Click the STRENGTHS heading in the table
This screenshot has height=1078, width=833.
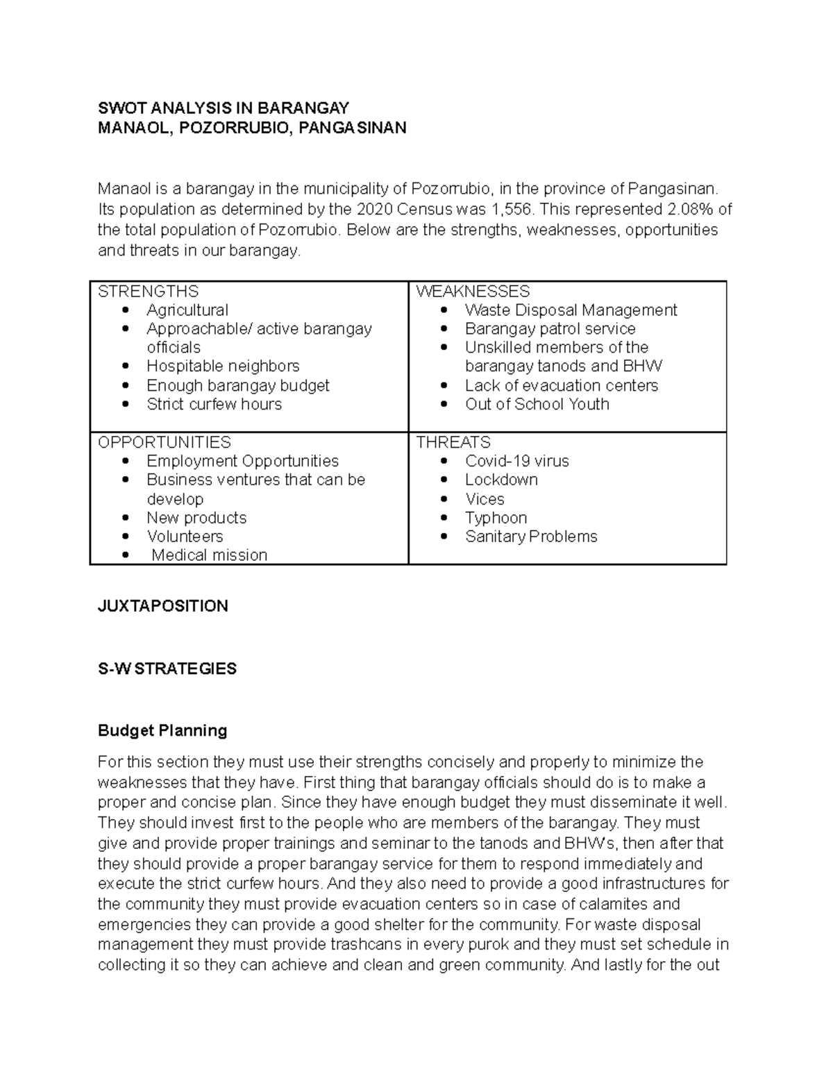click(x=148, y=292)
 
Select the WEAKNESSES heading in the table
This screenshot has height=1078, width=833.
click(x=473, y=292)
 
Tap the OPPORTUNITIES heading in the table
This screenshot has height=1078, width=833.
click(x=165, y=442)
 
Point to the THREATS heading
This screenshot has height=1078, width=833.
click(x=453, y=442)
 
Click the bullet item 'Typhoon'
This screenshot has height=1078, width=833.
click(x=496, y=518)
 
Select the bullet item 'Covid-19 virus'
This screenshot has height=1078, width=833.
click(x=516, y=461)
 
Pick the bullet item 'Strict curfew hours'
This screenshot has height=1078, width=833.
click(x=214, y=404)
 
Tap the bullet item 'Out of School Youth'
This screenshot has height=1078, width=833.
click(x=537, y=404)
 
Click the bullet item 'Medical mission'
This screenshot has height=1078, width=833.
click(x=209, y=555)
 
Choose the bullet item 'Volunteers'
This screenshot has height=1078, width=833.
click(x=185, y=537)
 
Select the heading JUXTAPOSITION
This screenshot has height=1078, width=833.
click(x=163, y=606)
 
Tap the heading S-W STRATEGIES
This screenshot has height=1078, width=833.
click(x=167, y=668)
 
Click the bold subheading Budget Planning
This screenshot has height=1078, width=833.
click(x=162, y=730)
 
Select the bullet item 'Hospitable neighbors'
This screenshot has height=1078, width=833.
click(x=223, y=366)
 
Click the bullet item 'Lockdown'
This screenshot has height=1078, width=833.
click(x=501, y=480)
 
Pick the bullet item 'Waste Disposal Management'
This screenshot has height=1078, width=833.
click(x=571, y=310)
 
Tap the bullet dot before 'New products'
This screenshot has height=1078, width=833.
click(x=125, y=519)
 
